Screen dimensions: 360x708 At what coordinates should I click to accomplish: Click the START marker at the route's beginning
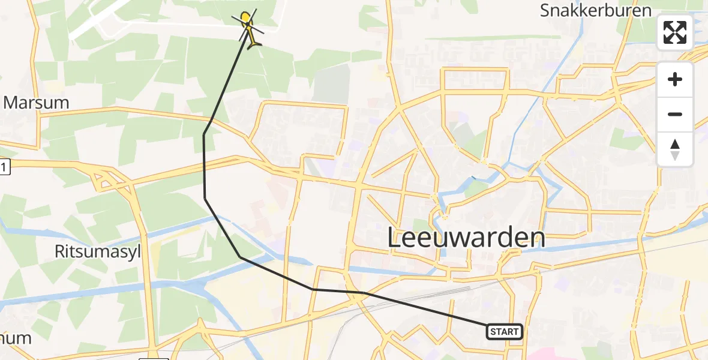tap(505, 332)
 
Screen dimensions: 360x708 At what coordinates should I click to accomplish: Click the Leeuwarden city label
tap(466, 238)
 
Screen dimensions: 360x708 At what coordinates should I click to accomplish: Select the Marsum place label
tap(36, 103)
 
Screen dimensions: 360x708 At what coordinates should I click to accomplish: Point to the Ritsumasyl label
tap(97, 252)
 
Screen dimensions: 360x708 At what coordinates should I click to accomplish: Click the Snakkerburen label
tap(595, 10)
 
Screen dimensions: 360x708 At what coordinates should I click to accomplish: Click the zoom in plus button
tap(675, 80)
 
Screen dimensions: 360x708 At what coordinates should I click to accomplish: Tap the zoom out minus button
tap(675, 114)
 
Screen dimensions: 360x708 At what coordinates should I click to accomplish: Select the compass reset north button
tap(675, 149)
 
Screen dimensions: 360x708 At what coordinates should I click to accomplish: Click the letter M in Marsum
tap(13, 103)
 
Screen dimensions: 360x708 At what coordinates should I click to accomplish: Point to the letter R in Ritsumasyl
tap(61, 252)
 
